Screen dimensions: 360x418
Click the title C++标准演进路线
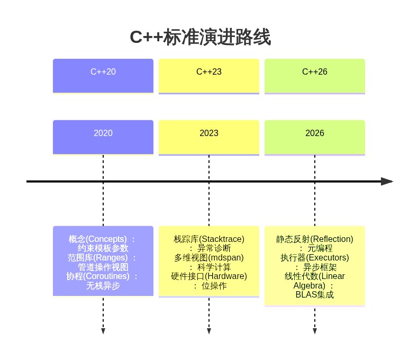coord(200,38)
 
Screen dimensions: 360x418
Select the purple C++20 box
coord(103,75)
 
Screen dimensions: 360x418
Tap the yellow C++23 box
coord(209,76)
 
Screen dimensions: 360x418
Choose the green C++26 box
coord(315,76)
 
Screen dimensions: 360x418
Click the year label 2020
coord(103,133)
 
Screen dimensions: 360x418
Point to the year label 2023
coord(209,133)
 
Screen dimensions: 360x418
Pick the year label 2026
coord(315,133)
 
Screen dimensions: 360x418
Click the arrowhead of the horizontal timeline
coord(387,182)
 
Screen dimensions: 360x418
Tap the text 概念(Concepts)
coord(98,239)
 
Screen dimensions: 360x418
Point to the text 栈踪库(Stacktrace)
coord(209,239)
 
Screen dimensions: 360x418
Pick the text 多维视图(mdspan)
coord(209,258)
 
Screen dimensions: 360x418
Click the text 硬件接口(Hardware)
coord(209,276)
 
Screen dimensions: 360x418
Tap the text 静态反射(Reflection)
coord(315,239)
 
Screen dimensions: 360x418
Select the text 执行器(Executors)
coord(315,258)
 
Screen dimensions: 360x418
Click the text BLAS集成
coord(315,295)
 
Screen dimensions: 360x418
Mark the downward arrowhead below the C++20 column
coord(103,331)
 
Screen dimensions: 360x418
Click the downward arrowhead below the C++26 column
coord(315,331)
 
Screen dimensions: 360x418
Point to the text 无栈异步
coord(103,286)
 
